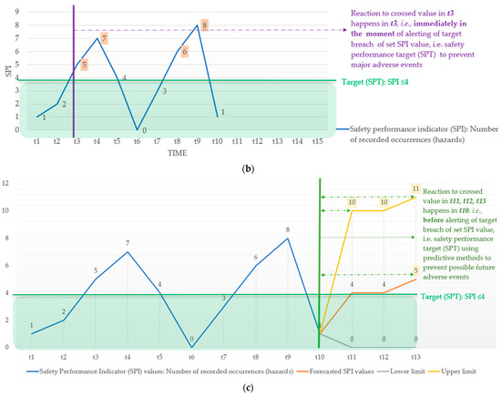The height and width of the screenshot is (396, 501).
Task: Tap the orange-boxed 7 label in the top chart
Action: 105,38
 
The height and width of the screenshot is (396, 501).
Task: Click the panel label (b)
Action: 250,170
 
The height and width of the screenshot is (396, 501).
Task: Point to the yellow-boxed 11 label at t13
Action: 415,188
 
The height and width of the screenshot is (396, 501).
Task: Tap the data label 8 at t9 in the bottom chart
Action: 287,230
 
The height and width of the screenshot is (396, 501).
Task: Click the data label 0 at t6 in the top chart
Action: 144,130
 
